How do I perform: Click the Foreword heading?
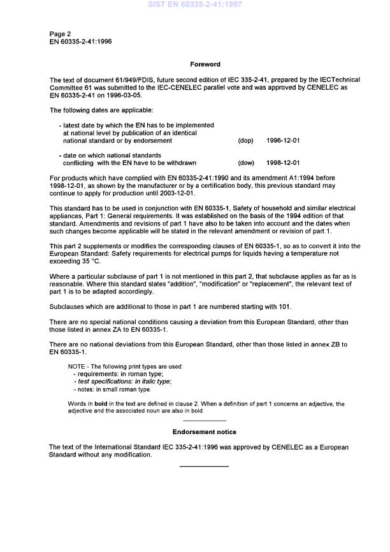[205, 64]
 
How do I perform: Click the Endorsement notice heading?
[205, 432]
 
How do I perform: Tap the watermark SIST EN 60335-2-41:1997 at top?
[194, 5]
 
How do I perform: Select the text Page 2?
[61, 33]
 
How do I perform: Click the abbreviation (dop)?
[245, 140]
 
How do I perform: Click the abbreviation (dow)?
[245, 162]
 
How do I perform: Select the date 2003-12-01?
[178, 193]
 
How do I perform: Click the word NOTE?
[77, 366]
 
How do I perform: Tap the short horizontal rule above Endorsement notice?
[205, 420]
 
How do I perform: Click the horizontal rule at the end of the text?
[205, 467]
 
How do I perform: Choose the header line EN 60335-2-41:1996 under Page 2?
[82, 41]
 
